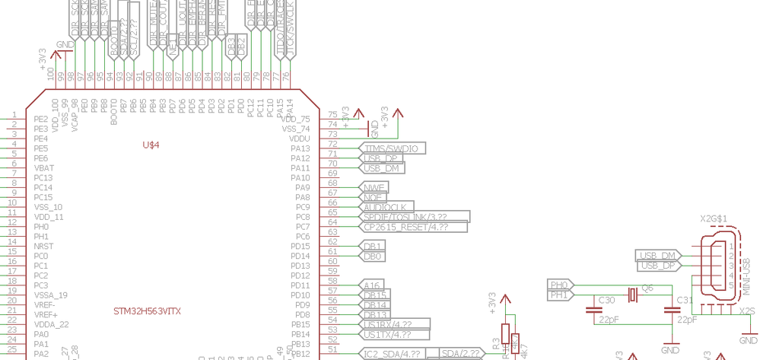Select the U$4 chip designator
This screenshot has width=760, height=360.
pyautogui.click(x=152, y=145)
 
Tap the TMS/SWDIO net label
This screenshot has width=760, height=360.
pyautogui.click(x=392, y=148)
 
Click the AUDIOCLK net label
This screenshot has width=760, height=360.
pyautogui.click(x=386, y=207)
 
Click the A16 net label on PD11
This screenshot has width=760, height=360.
pyautogui.click(x=373, y=285)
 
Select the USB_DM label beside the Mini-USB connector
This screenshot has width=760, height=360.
pyautogui.click(x=657, y=255)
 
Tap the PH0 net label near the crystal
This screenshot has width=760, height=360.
pyautogui.click(x=559, y=285)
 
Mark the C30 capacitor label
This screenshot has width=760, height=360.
pyautogui.click(x=606, y=300)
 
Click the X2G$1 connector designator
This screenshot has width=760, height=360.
pyautogui.click(x=714, y=218)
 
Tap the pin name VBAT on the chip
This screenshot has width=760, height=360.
pyautogui.click(x=44, y=167)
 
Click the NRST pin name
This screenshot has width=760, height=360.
pyautogui.click(x=43, y=247)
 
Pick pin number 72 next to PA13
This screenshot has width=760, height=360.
pyautogui.click(x=332, y=143)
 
